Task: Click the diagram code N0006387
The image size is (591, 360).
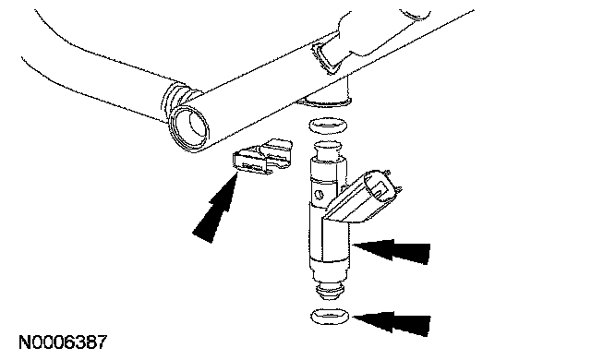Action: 63,342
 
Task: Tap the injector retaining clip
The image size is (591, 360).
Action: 262,157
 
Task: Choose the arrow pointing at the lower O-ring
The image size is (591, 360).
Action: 391,322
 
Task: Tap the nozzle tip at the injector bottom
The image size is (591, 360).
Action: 329,290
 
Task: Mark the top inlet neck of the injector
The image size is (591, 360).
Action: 328,150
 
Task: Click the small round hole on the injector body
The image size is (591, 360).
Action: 319,195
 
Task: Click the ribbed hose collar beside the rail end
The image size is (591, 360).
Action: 175,99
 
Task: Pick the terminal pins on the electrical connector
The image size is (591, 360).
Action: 393,182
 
